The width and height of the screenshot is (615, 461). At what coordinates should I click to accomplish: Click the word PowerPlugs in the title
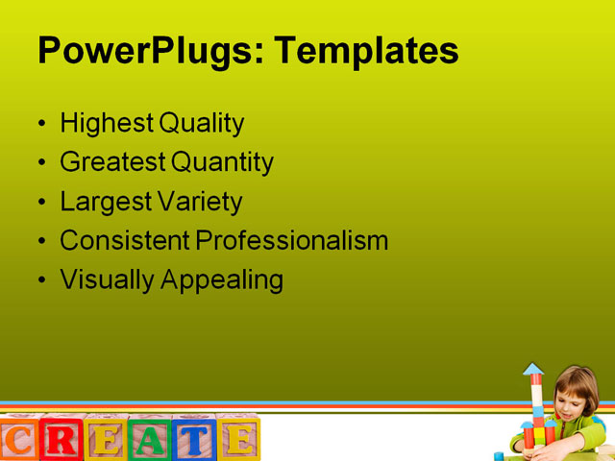142,50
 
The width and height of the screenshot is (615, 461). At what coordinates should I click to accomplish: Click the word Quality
201,124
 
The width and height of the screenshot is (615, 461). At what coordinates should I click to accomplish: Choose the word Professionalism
292,240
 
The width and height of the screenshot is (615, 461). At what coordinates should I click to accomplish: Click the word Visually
104,280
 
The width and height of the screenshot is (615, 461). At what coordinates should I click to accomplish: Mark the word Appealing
222,280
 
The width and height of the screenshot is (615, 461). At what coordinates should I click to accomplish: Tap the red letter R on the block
61,440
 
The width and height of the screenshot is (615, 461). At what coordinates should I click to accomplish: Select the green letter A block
150,440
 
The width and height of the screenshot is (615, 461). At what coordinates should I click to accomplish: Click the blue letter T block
193,440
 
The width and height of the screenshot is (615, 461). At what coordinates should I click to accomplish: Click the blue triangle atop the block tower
533,369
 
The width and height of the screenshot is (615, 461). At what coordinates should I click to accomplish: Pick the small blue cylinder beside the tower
500,455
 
